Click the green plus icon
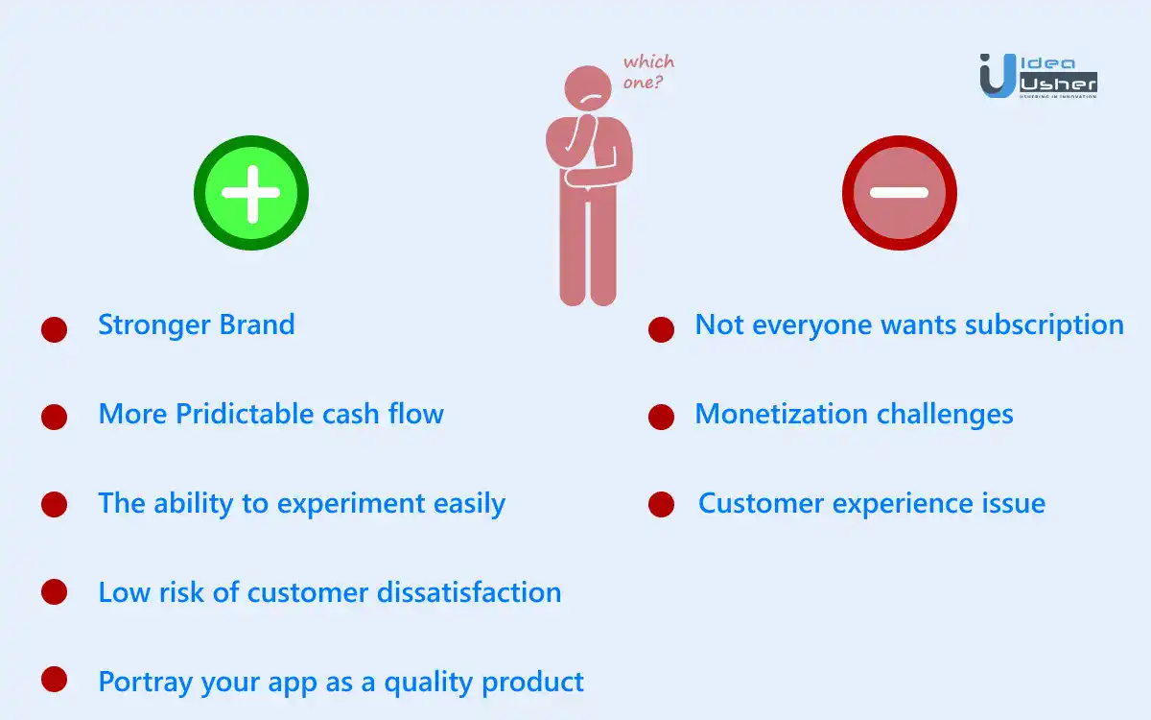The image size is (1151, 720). point(251,193)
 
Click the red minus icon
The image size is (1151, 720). point(900,193)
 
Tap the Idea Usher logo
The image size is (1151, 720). point(1039,76)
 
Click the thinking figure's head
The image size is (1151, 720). point(588,88)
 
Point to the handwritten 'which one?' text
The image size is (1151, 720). point(648,71)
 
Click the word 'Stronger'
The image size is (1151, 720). point(154,325)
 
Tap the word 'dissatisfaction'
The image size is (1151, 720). point(469,592)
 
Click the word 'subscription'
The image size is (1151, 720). point(1045,326)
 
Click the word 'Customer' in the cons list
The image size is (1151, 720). point(761,503)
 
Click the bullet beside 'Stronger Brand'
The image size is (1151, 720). point(54,329)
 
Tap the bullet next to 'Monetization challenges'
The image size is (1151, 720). point(661,417)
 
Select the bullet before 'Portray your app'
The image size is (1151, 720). point(54,680)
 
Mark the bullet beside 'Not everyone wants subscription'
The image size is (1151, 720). point(661,329)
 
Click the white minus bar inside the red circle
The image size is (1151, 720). point(900,193)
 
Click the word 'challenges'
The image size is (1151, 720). point(945,415)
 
